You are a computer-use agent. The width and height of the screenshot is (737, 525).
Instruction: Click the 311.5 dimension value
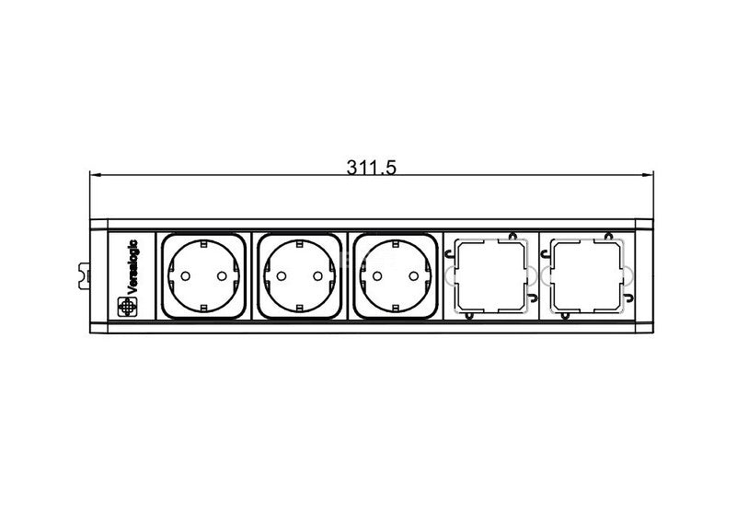click(372, 167)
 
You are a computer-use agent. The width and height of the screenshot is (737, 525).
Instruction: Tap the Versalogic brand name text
click(132, 267)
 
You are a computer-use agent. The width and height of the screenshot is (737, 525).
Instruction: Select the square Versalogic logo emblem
click(126, 307)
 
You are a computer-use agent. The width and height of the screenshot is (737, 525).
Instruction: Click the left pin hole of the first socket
click(185, 276)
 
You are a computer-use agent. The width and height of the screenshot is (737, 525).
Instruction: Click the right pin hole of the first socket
click(222, 276)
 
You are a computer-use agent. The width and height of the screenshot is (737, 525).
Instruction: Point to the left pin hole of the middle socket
click(281, 276)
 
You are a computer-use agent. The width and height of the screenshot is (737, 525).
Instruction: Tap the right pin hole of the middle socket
click(317, 276)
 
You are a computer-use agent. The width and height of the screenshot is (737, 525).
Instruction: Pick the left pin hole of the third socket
click(377, 276)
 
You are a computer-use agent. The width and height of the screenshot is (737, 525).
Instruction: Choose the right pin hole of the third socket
click(414, 276)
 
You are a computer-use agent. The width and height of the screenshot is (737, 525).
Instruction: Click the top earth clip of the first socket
click(203, 244)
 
